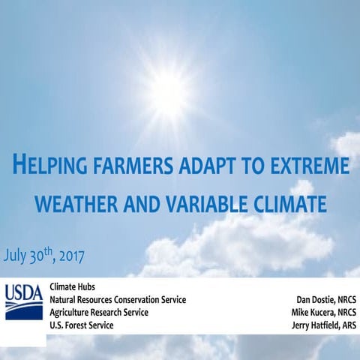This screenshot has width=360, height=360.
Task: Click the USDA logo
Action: pyautogui.click(x=24, y=301)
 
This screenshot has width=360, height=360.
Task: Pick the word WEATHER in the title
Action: pyautogui.click(x=80, y=202)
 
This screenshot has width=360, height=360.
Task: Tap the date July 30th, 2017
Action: pyautogui.click(x=44, y=254)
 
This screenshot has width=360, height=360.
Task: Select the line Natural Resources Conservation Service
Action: pyautogui.click(x=118, y=299)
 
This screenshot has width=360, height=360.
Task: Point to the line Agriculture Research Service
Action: pyautogui.click(x=99, y=312)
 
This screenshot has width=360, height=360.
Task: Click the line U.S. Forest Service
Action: pyautogui.click(x=82, y=325)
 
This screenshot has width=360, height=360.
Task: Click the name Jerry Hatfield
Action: pyautogui.click(x=314, y=325)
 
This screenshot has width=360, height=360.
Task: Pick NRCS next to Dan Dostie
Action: pyautogui.click(x=344, y=299)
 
